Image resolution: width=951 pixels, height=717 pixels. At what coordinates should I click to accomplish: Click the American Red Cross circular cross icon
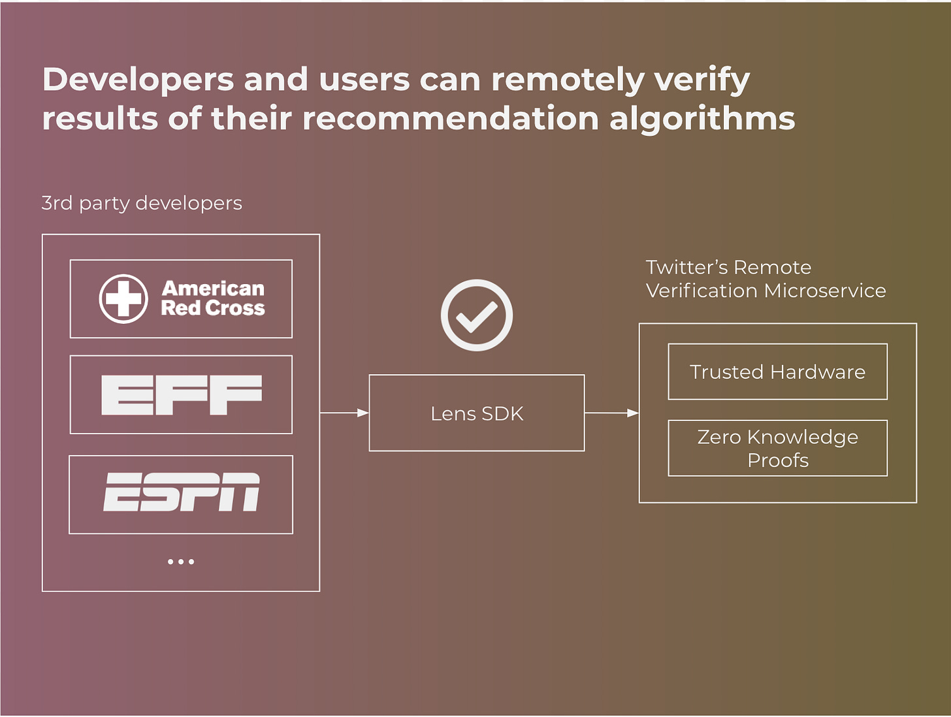click(123, 299)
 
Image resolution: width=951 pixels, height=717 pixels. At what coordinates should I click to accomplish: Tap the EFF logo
click(182, 395)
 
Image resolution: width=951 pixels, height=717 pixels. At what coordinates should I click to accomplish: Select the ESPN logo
click(182, 492)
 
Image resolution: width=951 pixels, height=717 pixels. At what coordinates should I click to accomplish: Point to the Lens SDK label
click(477, 413)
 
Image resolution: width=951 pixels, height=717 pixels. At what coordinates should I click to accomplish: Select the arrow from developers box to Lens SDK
click(344, 413)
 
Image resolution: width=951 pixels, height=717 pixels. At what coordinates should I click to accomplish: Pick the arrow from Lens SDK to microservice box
click(612, 413)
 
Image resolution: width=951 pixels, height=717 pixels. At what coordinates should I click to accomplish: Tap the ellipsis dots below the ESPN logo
click(181, 562)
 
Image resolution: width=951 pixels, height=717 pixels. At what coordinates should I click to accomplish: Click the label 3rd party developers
click(142, 203)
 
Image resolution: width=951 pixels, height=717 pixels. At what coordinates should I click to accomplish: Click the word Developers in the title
click(138, 80)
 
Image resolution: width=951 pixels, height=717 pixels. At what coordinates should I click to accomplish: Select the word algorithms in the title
click(702, 119)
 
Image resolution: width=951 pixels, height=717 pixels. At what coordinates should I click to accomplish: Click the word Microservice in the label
click(825, 291)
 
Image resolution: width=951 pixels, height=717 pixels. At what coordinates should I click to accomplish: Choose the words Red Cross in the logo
click(213, 308)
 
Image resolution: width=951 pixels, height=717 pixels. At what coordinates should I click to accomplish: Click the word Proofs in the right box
click(778, 460)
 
